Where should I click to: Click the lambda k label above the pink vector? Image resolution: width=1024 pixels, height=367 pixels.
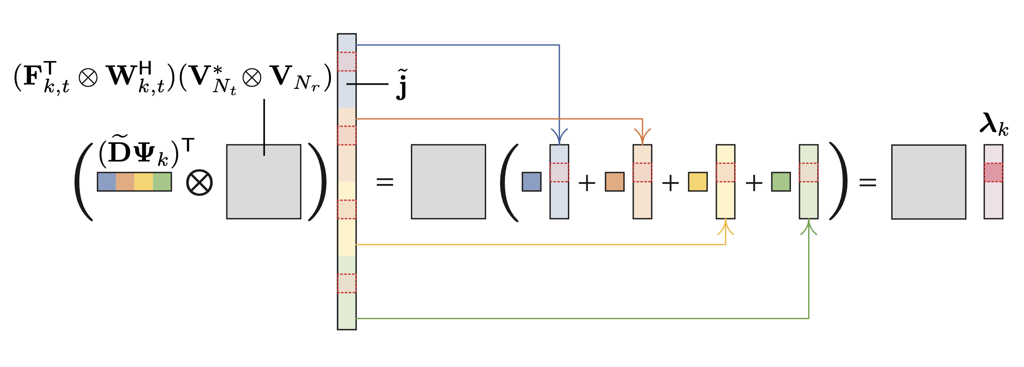[993, 124]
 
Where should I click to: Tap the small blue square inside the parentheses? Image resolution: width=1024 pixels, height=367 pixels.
[532, 182]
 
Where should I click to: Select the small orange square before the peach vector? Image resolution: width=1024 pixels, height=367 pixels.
[615, 182]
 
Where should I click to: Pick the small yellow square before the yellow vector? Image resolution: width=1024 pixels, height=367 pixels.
[698, 182]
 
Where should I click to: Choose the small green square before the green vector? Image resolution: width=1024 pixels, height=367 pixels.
[781, 182]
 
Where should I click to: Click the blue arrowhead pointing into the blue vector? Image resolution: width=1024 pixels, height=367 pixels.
[559, 135]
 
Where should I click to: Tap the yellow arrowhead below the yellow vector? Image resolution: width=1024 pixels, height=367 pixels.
[725, 227]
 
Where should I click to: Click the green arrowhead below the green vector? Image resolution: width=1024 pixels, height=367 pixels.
[809, 227]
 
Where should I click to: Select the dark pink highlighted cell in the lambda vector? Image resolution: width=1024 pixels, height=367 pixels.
[993, 173]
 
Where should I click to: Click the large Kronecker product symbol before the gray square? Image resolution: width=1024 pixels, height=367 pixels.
[199, 183]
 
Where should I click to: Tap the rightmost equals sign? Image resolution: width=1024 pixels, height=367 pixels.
[868, 182]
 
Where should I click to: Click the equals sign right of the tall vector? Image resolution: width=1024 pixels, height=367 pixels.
[385, 182]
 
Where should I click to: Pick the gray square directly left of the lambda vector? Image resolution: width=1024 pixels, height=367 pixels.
[928, 182]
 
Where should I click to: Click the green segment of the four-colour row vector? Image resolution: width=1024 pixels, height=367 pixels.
[162, 182]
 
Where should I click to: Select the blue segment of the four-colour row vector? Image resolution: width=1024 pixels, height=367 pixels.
[107, 182]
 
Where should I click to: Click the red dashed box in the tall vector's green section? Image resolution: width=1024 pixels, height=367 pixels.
[347, 283]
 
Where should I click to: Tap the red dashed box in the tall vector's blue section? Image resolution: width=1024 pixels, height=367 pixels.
[347, 62]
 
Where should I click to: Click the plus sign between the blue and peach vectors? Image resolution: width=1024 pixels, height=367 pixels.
[587, 183]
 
